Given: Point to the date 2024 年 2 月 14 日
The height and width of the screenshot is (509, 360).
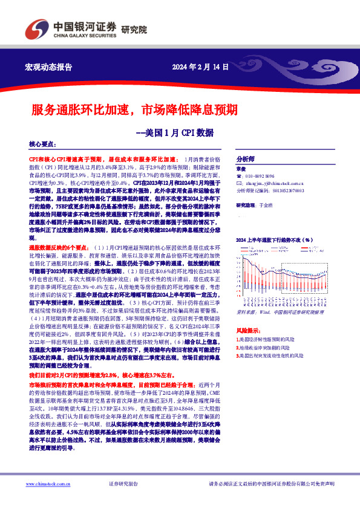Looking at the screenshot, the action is point(200,66).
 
